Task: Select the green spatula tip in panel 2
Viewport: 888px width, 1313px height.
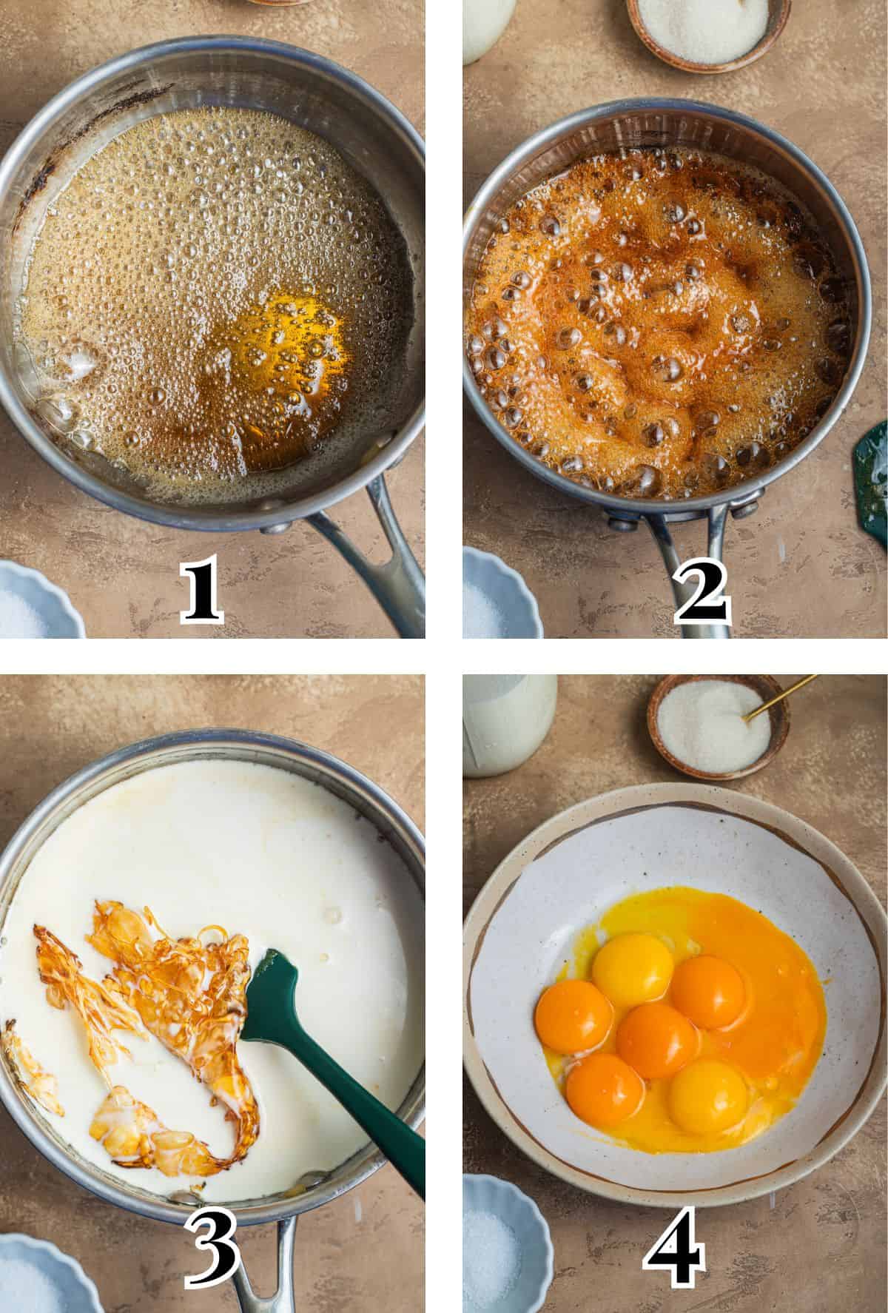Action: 873,481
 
